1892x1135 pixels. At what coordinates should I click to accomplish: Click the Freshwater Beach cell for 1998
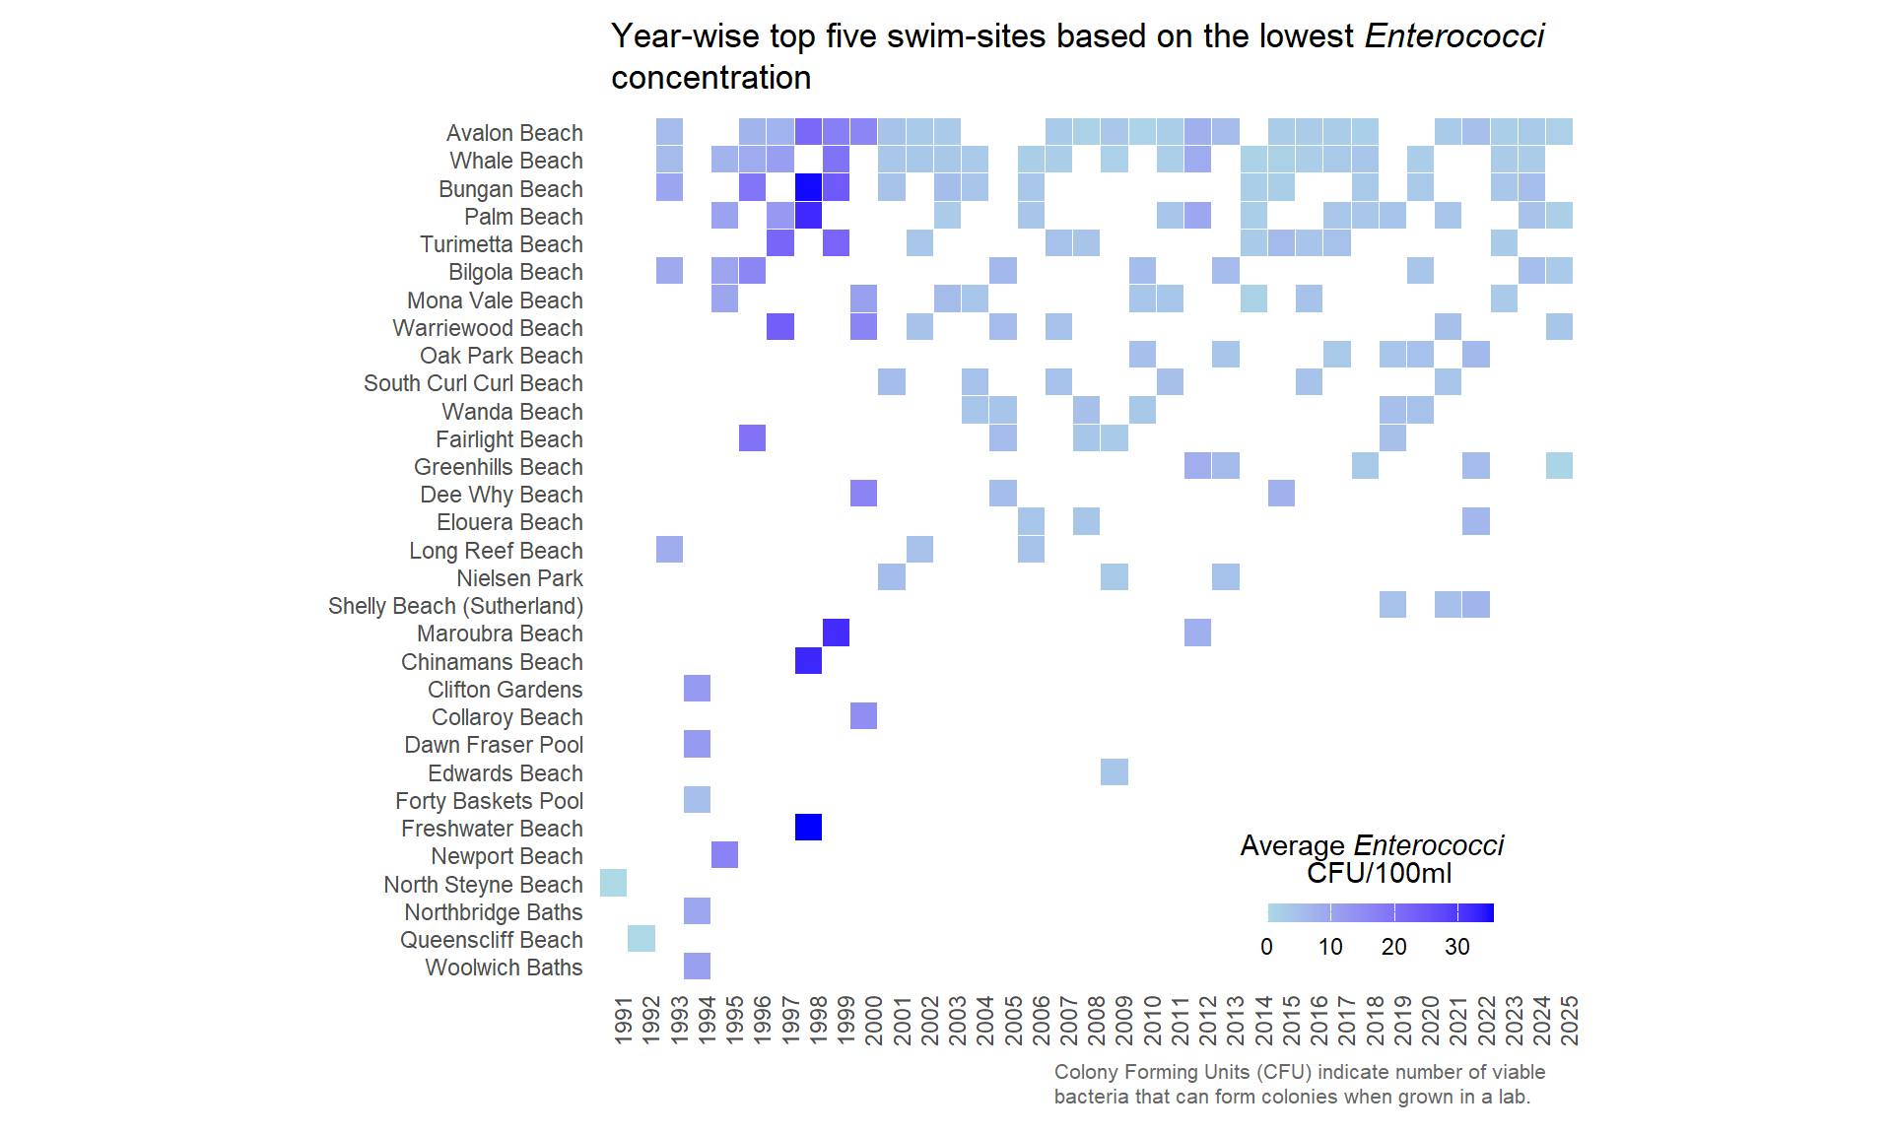pyautogui.click(x=808, y=828)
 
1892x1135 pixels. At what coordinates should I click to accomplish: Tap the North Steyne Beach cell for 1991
pyautogui.click(x=613, y=883)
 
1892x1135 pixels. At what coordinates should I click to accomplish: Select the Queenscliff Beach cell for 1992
pyautogui.click(x=642, y=939)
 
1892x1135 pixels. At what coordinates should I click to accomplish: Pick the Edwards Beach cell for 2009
pyautogui.click(x=1115, y=772)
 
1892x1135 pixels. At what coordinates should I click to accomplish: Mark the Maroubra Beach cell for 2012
pyautogui.click(x=1197, y=633)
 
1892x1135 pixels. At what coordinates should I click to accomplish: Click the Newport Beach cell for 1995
pyautogui.click(x=725, y=855)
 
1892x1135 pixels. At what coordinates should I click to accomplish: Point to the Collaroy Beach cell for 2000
pyautogui.click(x=864, y=716)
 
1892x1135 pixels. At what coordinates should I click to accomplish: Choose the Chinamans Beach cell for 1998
pyautogui.click(x=808, y=661)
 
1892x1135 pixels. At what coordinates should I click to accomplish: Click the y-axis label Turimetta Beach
pyautogui.click(x=501, y=244)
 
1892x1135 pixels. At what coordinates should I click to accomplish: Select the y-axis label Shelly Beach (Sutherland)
pyautogui.click(x=455, y=606)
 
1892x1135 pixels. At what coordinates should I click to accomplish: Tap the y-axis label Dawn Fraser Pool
pyautogui.click(x=494, y=745)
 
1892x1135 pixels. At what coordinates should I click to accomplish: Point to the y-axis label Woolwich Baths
pyautogui.click(x=504, y=968)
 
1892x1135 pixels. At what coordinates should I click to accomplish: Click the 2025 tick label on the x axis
pyautogui.click(x=1570, y=1020)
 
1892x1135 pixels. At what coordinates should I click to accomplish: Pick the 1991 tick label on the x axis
pyautogui.click(x=623, y=1020)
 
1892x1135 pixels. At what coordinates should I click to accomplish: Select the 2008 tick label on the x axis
pyautogui.click(x=1097, y=1020)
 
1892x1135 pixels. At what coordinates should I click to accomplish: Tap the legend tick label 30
pyautogui.click(x=1456, y=947)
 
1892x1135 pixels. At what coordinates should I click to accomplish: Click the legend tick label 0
pyautogui.click(x=1266, y=947)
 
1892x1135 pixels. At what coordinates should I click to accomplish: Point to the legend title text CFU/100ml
pyautogui.click(x=1379, y=874)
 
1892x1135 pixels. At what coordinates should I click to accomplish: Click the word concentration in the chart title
pyautogui.click(x=710, y=78)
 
